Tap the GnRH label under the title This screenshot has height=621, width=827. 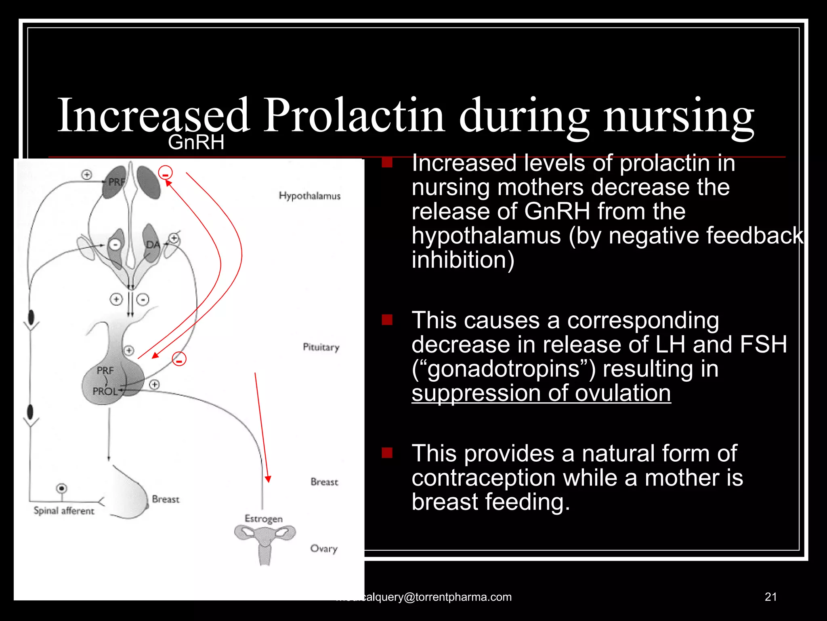(x=196, y=142)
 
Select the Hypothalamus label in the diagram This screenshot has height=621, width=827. (x=309, y=196)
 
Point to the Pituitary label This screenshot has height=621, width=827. (x=321, y=347)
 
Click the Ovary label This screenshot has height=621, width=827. (x=323, y=549)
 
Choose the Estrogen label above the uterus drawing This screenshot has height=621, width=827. (x=263, y=519)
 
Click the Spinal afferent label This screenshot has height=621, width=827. (x=64, y=511)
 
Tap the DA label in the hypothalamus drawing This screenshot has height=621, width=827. (x=153, y=245)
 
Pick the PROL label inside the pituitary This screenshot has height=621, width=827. (x=105, y=391)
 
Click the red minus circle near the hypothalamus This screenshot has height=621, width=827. (x=165, y=173)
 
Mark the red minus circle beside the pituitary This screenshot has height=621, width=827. (x=179, y=359)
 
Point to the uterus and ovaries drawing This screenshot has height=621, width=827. (x=264, y=542)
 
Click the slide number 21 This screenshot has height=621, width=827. (x=770, y=597)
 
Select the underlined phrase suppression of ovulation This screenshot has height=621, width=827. (x=541, y=393)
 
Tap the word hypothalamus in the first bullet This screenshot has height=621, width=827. (x=486, y=236)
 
